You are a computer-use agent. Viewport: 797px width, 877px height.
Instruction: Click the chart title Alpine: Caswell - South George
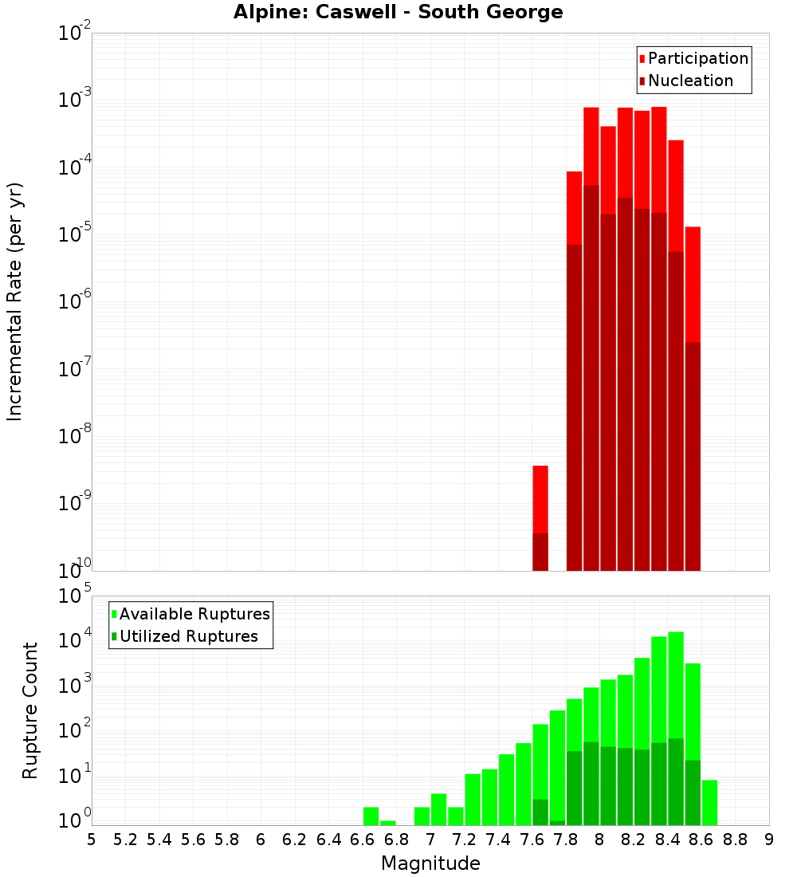(x=398, y=13)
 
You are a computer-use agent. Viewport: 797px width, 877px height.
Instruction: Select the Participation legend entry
(x=693, y=59)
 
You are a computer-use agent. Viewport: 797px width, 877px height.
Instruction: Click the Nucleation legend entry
(x=685, y=81)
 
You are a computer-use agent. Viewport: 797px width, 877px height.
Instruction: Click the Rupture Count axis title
(x=30, y=710)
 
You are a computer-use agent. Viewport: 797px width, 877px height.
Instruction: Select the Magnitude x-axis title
(x=430, y=863)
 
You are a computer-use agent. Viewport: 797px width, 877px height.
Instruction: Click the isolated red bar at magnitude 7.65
(x=540, y=498)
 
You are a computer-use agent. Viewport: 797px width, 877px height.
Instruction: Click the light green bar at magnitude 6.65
(x=371, y=816)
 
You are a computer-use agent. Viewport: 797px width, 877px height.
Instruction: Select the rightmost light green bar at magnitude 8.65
(x=709, y=802)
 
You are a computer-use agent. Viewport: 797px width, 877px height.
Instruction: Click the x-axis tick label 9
(x=769, y=839)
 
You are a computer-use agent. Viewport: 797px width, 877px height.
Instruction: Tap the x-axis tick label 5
(x=92, y=839)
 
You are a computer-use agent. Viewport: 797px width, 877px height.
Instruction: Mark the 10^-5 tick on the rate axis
(x=74, y=234)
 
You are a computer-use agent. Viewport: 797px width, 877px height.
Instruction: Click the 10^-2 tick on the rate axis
(x=74, y=33)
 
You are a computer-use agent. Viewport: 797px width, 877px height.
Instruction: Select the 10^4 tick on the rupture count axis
(x=74, y=640)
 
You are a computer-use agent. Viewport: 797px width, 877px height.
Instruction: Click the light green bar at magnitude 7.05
(x=438, y=809)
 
